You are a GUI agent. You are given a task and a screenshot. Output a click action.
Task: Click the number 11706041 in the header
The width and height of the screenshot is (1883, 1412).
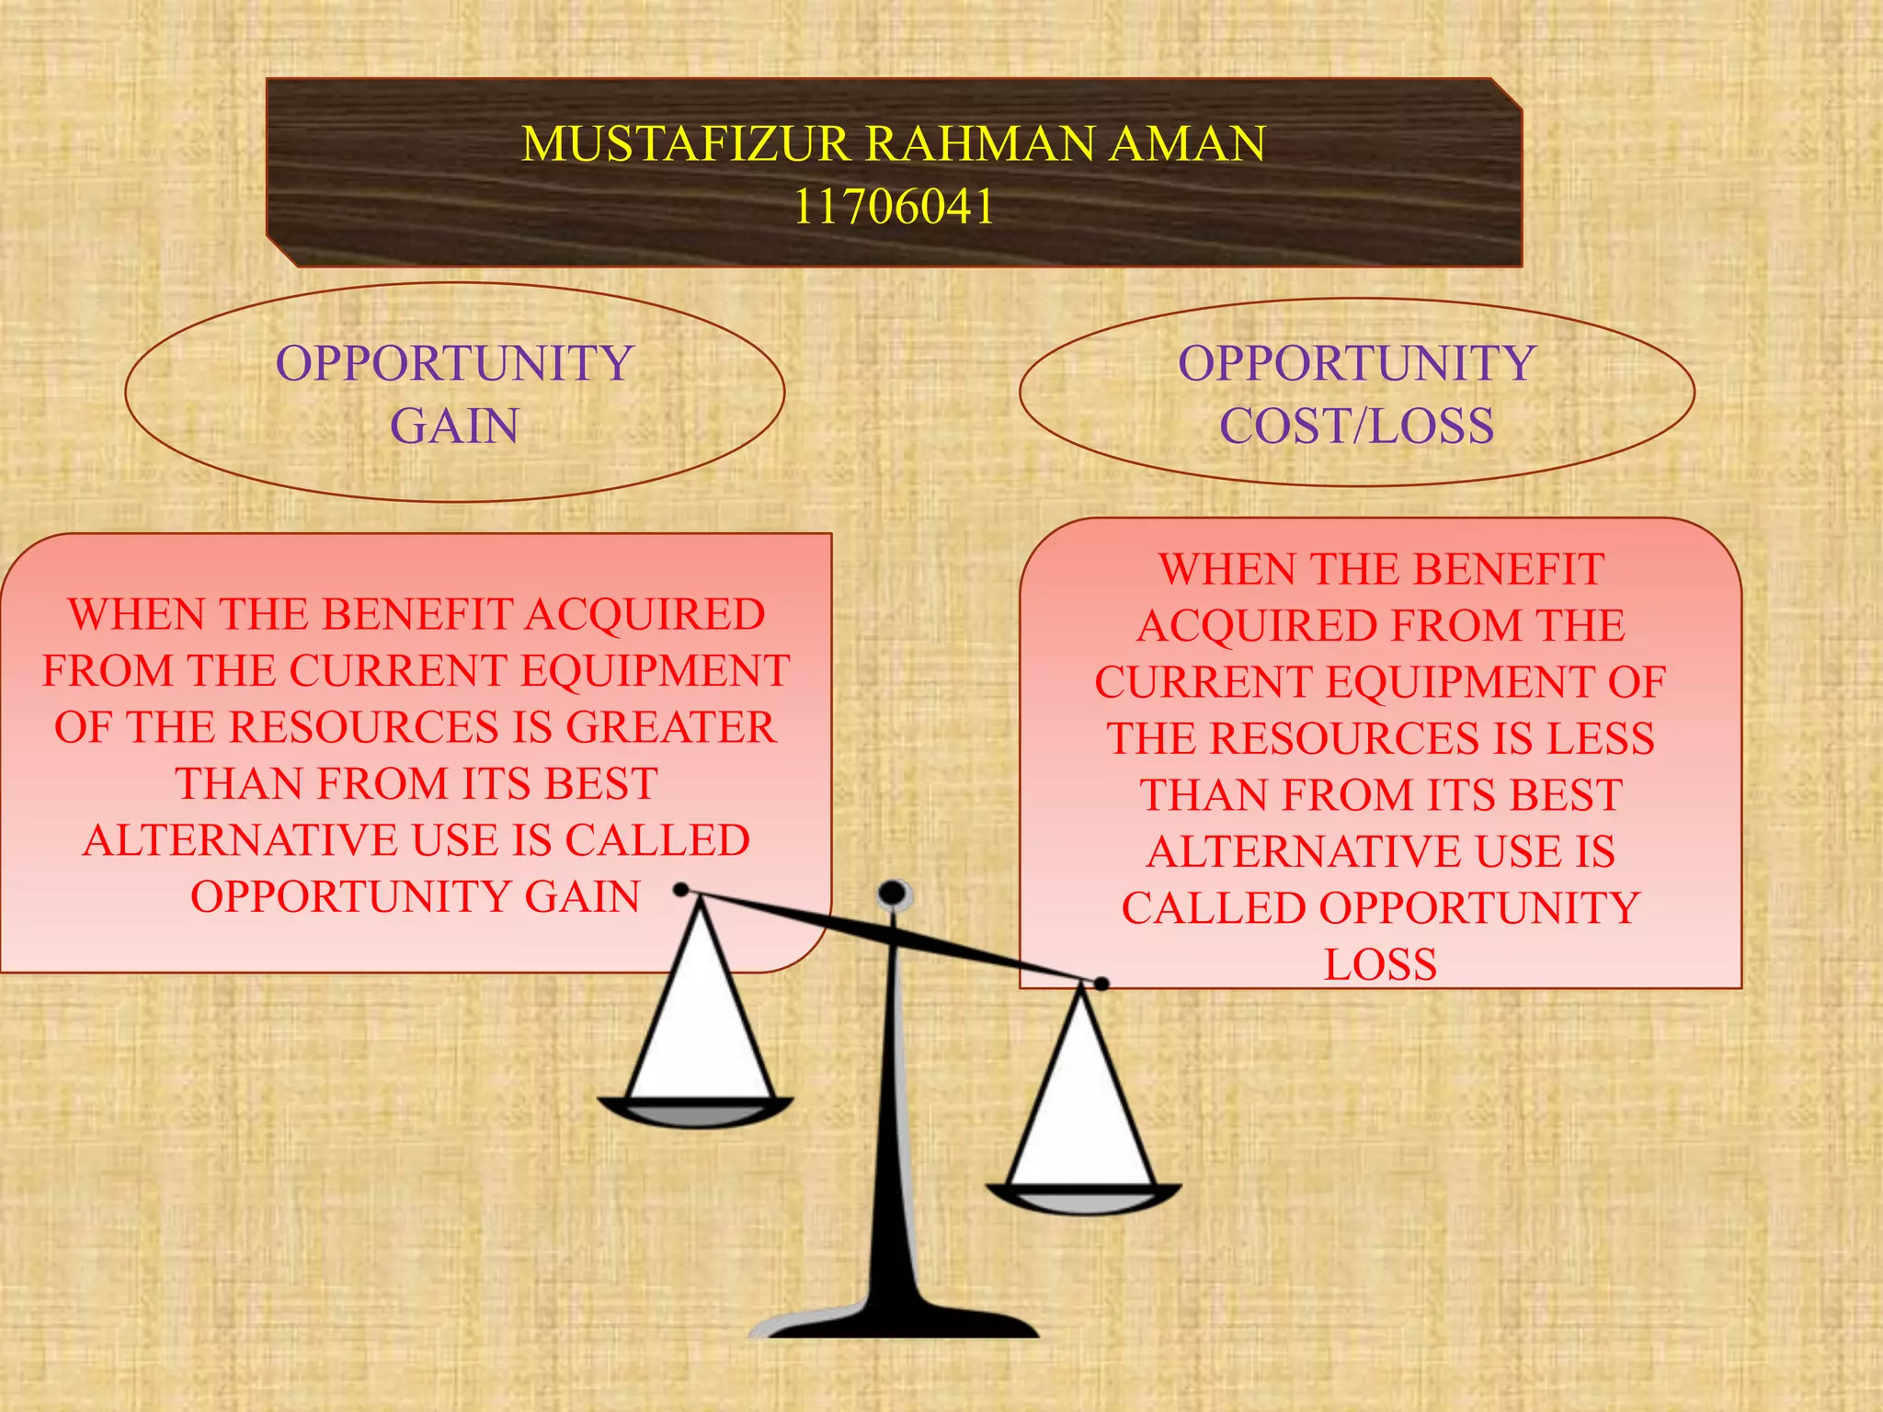[893, 206]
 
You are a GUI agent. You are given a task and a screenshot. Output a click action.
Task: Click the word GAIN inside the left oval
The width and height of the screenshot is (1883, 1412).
[454, 427]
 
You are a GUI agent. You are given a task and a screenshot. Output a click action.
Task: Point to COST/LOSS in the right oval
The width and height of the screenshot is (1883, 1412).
[1356, 427]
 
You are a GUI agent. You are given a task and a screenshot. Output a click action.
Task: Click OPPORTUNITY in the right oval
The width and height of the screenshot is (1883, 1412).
[1356, 363]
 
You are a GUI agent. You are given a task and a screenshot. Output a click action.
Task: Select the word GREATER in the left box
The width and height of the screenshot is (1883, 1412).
[671, 727]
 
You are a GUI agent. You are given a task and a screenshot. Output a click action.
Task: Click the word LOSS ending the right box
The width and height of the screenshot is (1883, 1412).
[1380, 964]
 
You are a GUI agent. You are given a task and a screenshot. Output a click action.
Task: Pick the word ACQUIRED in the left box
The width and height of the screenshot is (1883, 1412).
[645, 614]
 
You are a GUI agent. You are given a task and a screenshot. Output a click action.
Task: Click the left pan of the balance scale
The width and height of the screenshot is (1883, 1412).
[695, 1111]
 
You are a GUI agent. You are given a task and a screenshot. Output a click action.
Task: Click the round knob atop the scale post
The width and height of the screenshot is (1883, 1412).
[894, 894]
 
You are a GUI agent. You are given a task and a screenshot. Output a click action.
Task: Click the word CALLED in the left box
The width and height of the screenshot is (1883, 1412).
[657, 840]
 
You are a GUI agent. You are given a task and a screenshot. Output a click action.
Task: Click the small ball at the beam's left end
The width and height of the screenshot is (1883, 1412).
[681, 889]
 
